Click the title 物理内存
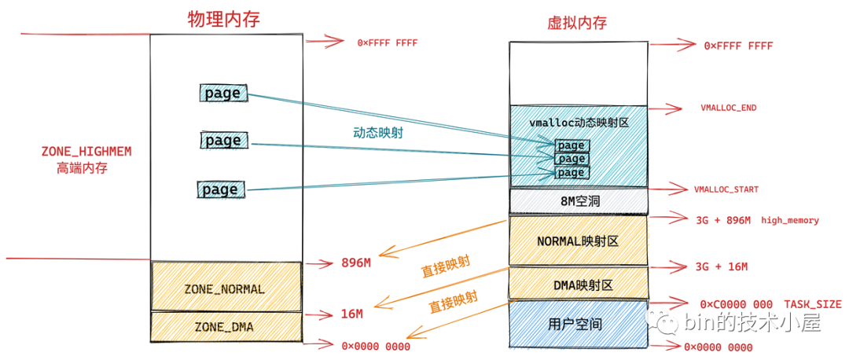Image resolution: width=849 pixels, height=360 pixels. (223, 19)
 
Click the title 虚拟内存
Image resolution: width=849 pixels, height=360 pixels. (577, 23)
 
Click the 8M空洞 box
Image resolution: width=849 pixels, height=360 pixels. (578, 201)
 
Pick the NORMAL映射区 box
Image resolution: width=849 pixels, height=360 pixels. (578, 240)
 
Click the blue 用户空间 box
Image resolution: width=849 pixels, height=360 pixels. (578, 323)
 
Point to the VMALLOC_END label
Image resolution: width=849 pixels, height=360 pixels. (728, 108)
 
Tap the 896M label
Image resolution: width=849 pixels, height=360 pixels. (355, 263)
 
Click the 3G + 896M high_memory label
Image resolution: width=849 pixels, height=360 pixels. (757, 221)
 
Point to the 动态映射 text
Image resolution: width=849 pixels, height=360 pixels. (378, 134)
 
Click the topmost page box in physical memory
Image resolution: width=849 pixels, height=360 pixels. (222, 94)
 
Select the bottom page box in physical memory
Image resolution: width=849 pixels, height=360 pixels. (220, 189)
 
